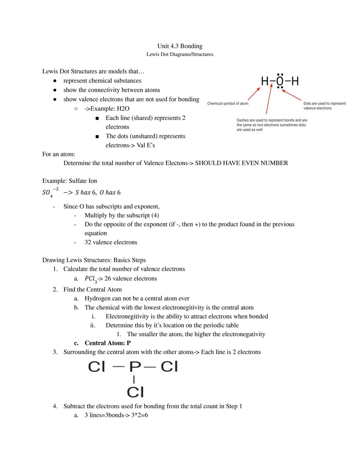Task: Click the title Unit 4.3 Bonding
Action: click(180, 46)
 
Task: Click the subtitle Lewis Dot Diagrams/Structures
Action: click(180, 54)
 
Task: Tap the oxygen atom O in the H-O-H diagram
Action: click(280, 81)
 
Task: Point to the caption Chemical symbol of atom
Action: click(228, 103)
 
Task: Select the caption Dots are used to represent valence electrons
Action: click(324, 106)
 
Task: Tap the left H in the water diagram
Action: click(265, 81)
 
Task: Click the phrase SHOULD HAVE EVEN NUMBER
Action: click(241, 163)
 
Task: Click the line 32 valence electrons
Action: click(111, 242)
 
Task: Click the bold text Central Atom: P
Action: click(107, 343)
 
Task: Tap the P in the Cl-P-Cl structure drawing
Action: click(135, 367)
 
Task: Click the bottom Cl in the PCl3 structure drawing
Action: click(135, 392)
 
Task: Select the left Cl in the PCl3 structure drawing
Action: click(96, 367)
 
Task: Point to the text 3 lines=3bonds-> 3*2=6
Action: click(116, 415)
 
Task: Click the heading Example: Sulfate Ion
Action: click(69, 181)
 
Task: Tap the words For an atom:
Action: click(59, 154)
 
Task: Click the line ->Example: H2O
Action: click(107, 109)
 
